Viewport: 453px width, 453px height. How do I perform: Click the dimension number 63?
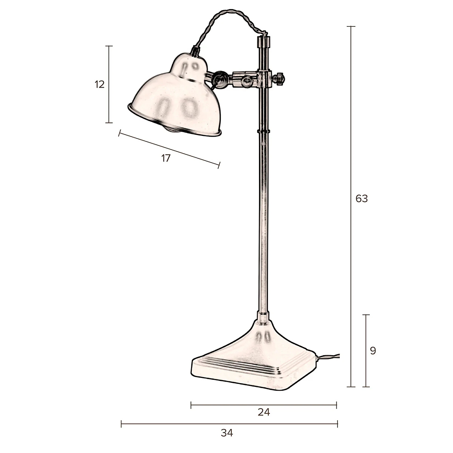click(361, 198)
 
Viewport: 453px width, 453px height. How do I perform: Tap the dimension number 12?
click(99, 85)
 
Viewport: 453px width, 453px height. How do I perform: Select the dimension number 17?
click(166, 158)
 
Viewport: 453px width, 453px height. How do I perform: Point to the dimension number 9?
click(373, 351)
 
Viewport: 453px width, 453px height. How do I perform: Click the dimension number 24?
click(264, 412)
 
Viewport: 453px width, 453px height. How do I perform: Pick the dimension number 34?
click(227, 433)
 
